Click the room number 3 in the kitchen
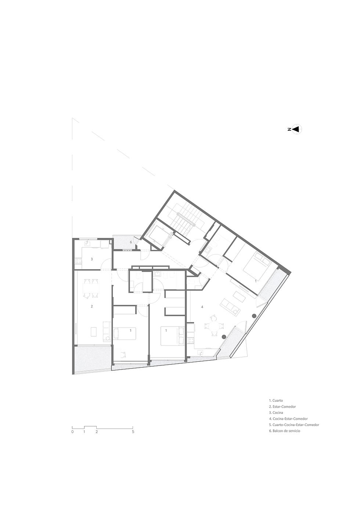pyautogui.click(x=92, y=259)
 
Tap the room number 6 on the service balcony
pyautogui.click(x=131, y=242)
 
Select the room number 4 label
pyautogui.click(x=202, y=307)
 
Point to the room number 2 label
pyautogui.click(x=92, y=307)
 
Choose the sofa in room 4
pyautogui.click(x=230, y=306)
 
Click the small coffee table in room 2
pyautogui.click(x=93, y=332)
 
